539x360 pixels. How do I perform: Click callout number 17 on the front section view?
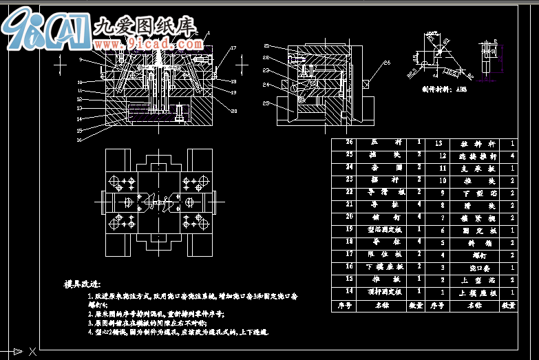(x=233, y=48)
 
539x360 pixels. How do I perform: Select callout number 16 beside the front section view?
(x=80, y=140)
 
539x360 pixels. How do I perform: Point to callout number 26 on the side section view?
(x=387, y=63)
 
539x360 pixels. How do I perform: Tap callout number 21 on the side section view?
(x=266, y=46)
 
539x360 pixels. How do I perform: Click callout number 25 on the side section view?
(x=266, y=104)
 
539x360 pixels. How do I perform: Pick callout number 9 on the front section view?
(x=81, y=60)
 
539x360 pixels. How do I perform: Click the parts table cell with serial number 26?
(x=349, y=142)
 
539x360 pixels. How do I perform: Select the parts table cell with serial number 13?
(x=439, y=142)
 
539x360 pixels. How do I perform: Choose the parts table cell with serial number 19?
(x=349, y=229)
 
